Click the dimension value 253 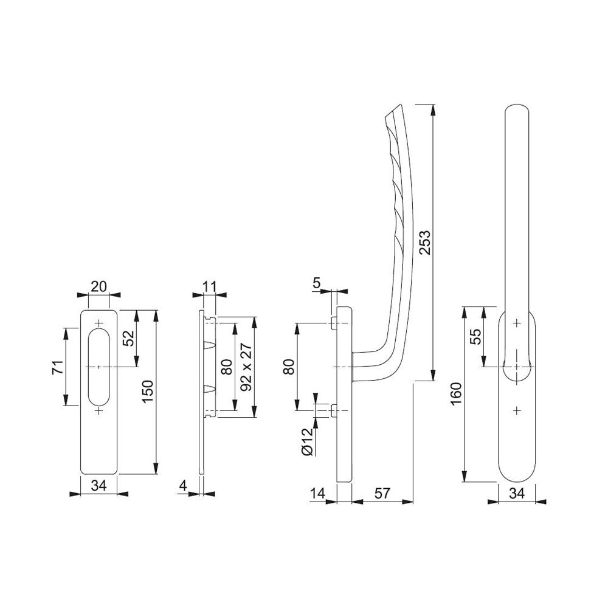(x=425, y=243)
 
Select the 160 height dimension (x=457, y=393)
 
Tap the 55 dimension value (x=475, y=337)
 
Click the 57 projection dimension (x=382, y=493)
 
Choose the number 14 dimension (x=317, y=493)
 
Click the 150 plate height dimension (x=149, y=392)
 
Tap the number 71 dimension (x=57, y=367)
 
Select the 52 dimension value (x=129, y=338)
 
